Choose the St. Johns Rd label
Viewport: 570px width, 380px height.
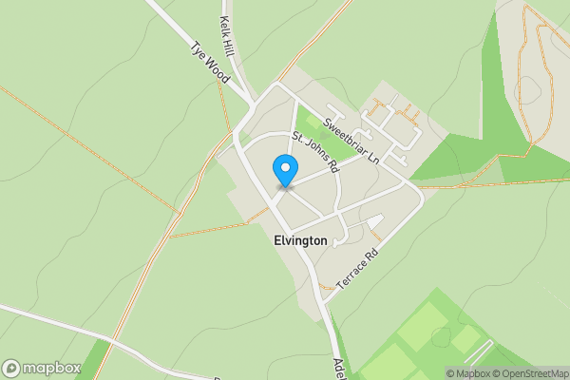[315, 151]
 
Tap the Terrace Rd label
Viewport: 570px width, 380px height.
[357, 269]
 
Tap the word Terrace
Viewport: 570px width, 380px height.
[351, 275]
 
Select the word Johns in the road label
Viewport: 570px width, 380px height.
[315, 150]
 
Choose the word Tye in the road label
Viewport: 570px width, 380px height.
[199, 49]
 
